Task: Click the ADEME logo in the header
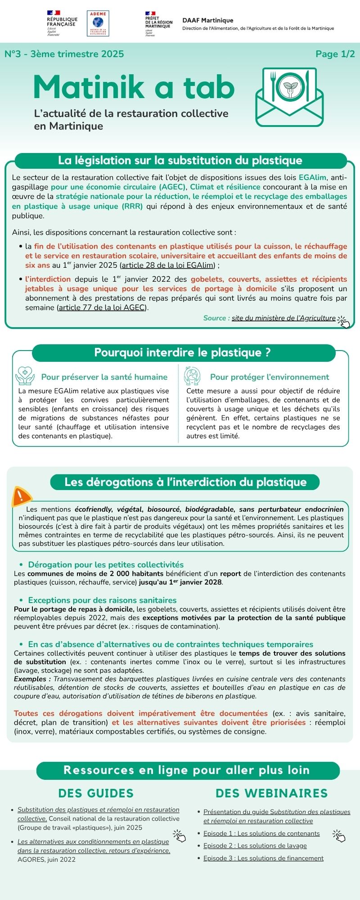pyautogui.click(x=98, y=23)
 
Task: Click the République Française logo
pyautogui.click(x=62, y=23)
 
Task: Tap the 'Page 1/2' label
pyautogui.click(x=335, y=54)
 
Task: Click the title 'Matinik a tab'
pyautogui.click(x=134, y=87)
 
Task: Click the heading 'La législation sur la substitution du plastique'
pyautogui.click(x=180, y=161)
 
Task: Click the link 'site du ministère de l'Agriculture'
pyautogui.click(x=283, y=318)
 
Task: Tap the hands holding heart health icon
pyautogui.click(x=25, y=376)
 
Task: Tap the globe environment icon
pyautogui.click(x=192, y=376)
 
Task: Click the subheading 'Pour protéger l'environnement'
pyautogui.click(x=270, y=377)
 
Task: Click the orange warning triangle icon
pyautogui.click(x=21, y=497)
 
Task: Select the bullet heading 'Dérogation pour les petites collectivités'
pyautogui.click(x=106, y=565)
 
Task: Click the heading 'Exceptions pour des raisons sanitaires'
pyautogui.click(x=102, y=600)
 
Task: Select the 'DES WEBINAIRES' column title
pyautogui.click(x=271, y=793)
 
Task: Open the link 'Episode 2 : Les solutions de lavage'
pyautogui.click(x=255, y=846)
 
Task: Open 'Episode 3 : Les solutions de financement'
pyautogui.click(x=263, y=859)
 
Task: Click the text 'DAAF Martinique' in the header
pyautogui.click(x=208, y=20)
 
